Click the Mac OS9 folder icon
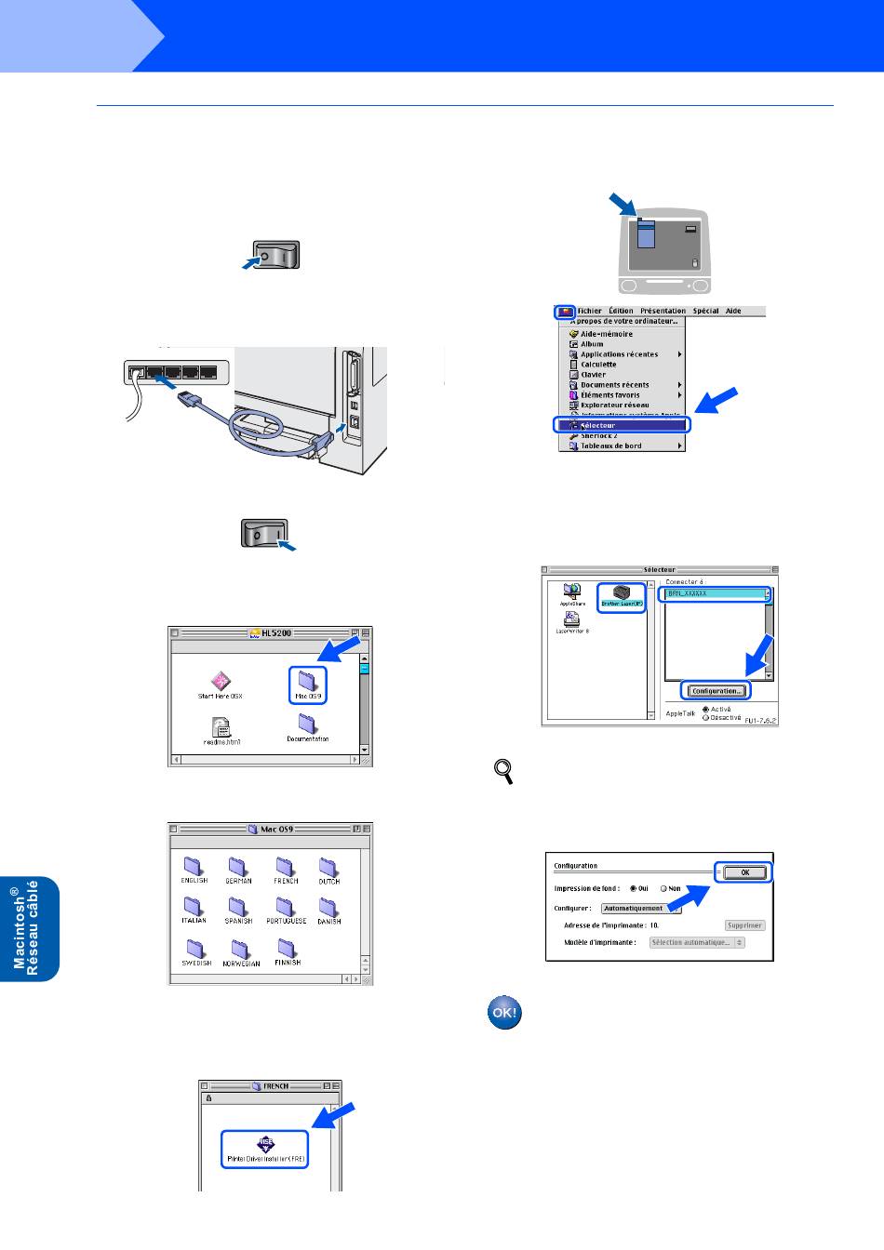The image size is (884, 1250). tap(307, 681)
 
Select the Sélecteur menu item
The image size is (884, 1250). tap(622, 425)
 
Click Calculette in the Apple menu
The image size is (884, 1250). tap(598, 365)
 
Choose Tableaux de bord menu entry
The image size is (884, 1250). tap(611, 445)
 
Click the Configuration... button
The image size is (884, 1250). tap(716, 691)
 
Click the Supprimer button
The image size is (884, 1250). tap(744, 925)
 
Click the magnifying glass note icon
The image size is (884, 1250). tap(503, 770)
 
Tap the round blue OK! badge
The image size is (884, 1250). tap(504, 1013)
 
